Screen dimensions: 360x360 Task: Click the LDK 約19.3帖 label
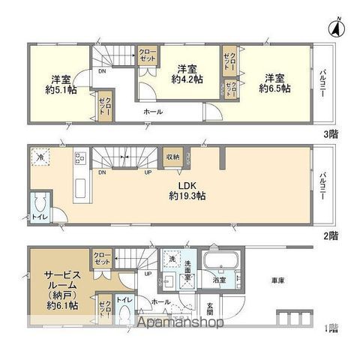tap(188, 190)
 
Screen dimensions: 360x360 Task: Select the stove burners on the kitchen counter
tap(80, 159)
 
